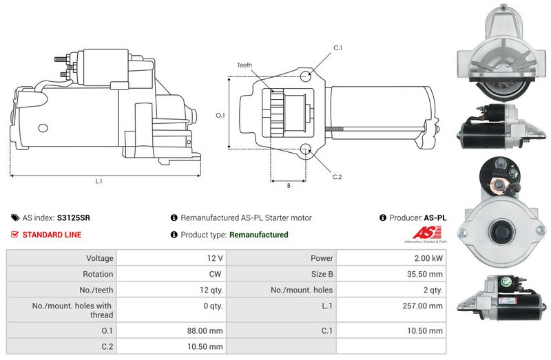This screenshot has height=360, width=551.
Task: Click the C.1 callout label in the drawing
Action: (x=337, y=47)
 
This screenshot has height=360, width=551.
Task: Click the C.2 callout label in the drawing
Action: (x=337, y=177)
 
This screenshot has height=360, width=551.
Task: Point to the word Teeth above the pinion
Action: (x=245, y=65)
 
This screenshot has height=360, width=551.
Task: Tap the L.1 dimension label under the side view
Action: (x=98, y=181)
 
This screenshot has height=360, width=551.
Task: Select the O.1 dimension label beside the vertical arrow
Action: (x=220, y=115)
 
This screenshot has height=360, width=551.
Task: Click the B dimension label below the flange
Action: (x=289, y=185)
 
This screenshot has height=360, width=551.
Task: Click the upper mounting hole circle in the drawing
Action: (x=305, y=76)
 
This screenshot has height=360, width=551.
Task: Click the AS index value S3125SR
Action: (x=74, y=218)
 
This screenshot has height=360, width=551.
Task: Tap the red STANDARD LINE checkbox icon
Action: (x=14, y=234)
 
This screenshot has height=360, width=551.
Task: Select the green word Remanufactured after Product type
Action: (x=259, y=235)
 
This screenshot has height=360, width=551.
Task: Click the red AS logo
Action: (x=426, y=233)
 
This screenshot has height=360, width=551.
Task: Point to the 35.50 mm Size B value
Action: (x=425, y=274)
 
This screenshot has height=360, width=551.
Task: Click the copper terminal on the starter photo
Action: (x=497, y=185)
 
